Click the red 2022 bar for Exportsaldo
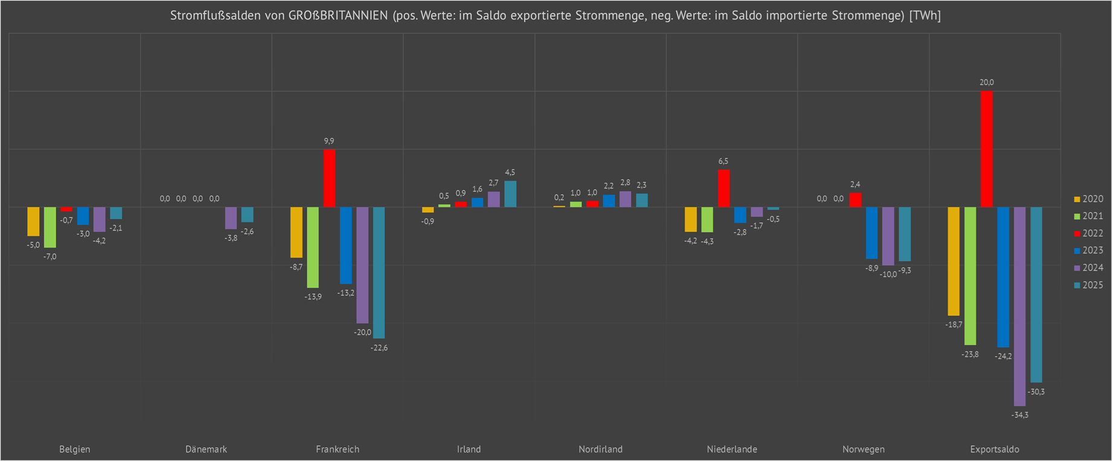[x=986, y=149]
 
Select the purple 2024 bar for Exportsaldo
[x=1020, y=306]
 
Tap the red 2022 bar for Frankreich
[x=329, y=178]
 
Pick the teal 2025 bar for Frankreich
[x=379, y=272]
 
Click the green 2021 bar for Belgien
[x=50, y=227]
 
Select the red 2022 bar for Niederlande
[x=723, y=189]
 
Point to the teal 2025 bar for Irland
[x=510, y=194]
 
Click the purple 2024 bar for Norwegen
[x=888, y=236]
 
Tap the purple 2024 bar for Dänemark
[x=231, y=218]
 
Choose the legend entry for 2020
[x=1088, y=199]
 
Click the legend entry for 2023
[x=1088, y=250]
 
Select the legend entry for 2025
[x=1088, y=285]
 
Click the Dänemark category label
[x=206, y=449]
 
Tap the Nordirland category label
[x=600, y=449]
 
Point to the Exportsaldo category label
[x=994, y=449]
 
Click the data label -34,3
[x=1020, y=415]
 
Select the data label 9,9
[x=329, y=141]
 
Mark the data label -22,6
[x=379, y=347]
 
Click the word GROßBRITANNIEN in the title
[x=338, y=16]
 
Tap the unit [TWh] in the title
[x=925, y=16]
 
